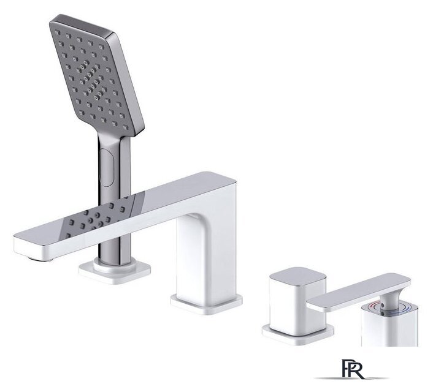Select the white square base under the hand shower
114,270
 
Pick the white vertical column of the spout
206,253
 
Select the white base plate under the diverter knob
298,335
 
